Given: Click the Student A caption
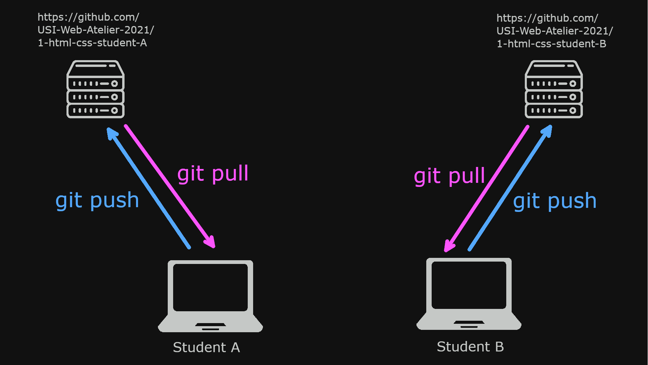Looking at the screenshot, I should click(206, 347).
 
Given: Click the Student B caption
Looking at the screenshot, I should click(470, 347).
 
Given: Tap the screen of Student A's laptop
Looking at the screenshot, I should click(210, 287).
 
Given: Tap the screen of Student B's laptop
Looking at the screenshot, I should click(469, 285).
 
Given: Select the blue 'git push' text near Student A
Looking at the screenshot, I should click(97, 200).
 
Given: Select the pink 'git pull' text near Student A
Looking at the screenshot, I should click(213, 174).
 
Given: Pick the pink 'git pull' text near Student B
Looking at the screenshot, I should click(449, 176).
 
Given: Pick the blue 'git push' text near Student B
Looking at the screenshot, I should click(555, 201).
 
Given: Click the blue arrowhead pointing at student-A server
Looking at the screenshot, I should click(111, 132).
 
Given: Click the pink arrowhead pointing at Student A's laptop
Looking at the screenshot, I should click(210, 242).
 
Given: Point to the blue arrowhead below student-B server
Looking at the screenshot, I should click(547, 130).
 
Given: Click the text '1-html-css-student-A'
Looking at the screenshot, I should click(92, 43).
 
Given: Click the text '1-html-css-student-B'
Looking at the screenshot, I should click(551, 44).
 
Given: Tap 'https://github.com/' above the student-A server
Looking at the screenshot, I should click(88, 17).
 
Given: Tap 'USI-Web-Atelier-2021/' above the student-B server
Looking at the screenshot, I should click(555, 31).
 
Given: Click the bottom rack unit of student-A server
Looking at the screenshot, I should click(96, 111).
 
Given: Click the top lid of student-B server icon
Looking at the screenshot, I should click(553, 68).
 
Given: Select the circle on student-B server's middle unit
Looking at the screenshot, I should click(573, 97).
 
